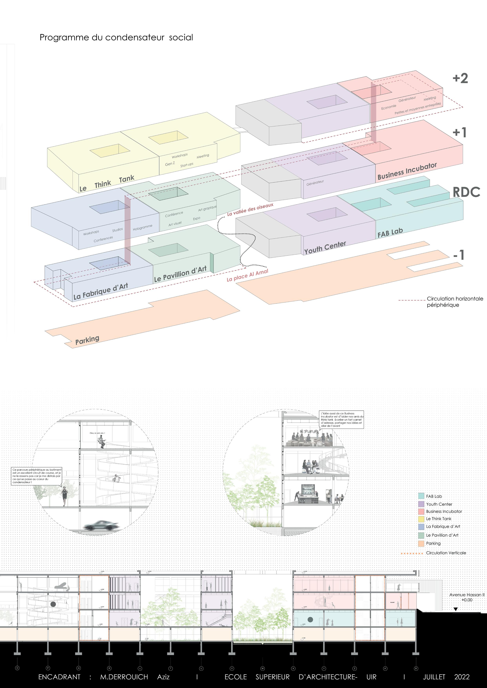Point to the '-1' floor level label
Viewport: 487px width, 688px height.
click(459, 255)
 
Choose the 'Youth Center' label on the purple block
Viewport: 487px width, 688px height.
click(325, 248)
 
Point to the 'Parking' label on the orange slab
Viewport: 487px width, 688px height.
click(87, 340)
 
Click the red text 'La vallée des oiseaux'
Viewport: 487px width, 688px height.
click(250, 209)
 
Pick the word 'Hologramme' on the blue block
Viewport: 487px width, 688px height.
click(142, 227)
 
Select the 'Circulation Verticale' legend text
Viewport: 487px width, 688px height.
click(446, 553)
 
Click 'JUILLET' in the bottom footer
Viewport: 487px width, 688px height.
click(434, 677)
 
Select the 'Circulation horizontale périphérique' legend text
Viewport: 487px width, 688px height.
click(455, 302)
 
